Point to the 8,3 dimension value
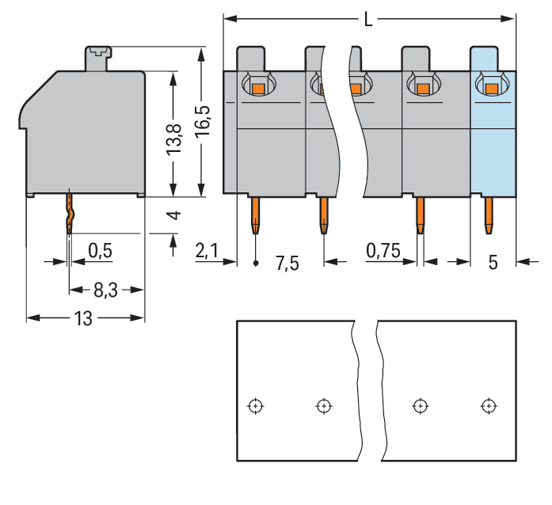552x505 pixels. pos(105,290)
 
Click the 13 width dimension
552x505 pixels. pos(83,318)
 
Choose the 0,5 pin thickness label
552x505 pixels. pos(100,251)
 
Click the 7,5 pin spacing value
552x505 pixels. pos(287,263)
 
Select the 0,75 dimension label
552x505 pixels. pos(383,251)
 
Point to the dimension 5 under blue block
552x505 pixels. pos(493,263)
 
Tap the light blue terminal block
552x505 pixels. pos(493,142)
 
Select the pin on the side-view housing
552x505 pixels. pos(69,215)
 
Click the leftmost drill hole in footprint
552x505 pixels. pos(254,406)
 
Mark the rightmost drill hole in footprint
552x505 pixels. pos(489,406)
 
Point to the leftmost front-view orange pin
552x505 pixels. pos(256,215)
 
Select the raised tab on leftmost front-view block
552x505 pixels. pos(250,58)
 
